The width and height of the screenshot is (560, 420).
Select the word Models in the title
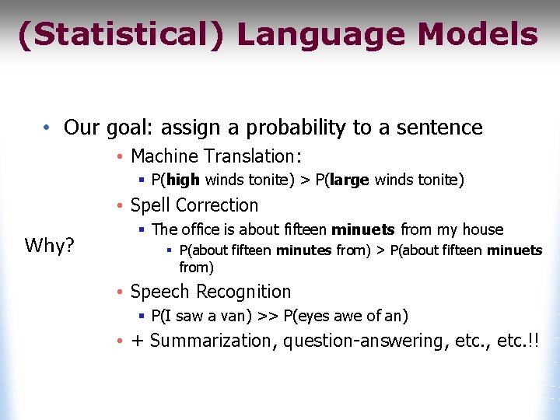[x=478, y=35]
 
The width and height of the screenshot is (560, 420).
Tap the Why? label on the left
[x=50, y=247]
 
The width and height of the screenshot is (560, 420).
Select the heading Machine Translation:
[x=216, y=156]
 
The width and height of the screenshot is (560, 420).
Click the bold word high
[x=184, y=180]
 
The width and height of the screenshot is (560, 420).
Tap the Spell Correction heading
[x=194, y=205]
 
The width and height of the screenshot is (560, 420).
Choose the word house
[x=483, y=229]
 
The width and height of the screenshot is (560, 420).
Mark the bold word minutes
[x=303, y=250]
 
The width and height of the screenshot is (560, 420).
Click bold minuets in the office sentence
[x=363, y=229]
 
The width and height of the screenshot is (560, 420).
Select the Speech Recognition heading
[x=211, y=292]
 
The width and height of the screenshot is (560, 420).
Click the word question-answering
[x=364, y=341]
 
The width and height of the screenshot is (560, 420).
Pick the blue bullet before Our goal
[x=47, y=128]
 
